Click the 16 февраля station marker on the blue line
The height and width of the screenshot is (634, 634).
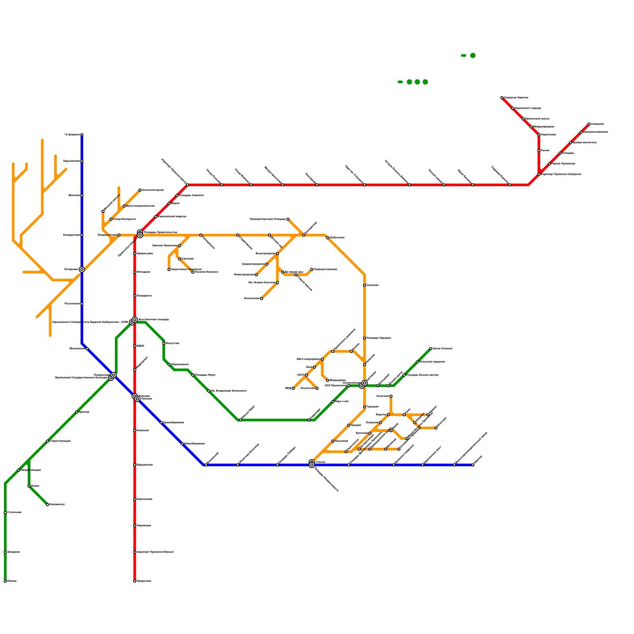(82, 135)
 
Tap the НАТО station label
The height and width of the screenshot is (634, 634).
(300, 375)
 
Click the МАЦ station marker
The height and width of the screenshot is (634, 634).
(293, 388)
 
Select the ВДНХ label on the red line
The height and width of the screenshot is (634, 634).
(140, 346)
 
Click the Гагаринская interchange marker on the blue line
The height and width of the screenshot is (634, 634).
(82, 269)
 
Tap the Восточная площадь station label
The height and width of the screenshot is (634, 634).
(154, 319)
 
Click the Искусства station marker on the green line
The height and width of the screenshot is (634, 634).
(164, 343)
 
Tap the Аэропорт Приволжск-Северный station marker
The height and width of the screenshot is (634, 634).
(539, 174)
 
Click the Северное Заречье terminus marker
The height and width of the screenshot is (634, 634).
(502, 97)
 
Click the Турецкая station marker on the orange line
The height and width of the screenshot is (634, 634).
(365, 407)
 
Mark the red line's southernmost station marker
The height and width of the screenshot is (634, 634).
(135, 581)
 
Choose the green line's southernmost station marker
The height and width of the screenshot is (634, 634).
(5, 581)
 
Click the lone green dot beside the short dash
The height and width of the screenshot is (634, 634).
(473, 55)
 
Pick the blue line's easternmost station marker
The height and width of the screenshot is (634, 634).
(473, 465)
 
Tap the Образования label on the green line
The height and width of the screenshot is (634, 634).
(180, 365)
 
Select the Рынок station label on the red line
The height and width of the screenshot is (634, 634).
(545, 151)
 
